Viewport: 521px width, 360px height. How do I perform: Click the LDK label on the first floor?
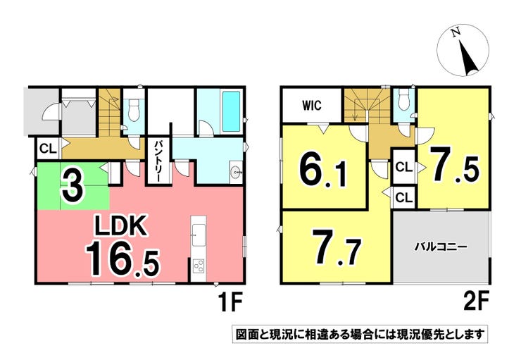point(121,226)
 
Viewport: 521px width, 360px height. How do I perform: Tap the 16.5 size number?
point(123,259)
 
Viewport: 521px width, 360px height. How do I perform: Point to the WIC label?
point(312,106)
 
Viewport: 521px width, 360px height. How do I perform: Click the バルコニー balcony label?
point(441,247)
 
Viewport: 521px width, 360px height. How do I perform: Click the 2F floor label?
point(475,302)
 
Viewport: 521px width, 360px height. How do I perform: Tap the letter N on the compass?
point(456,32)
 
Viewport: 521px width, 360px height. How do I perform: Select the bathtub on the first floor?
point(231,111)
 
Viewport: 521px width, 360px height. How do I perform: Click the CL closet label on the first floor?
point(48,149)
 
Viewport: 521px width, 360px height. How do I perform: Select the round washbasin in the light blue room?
point(237,173)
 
